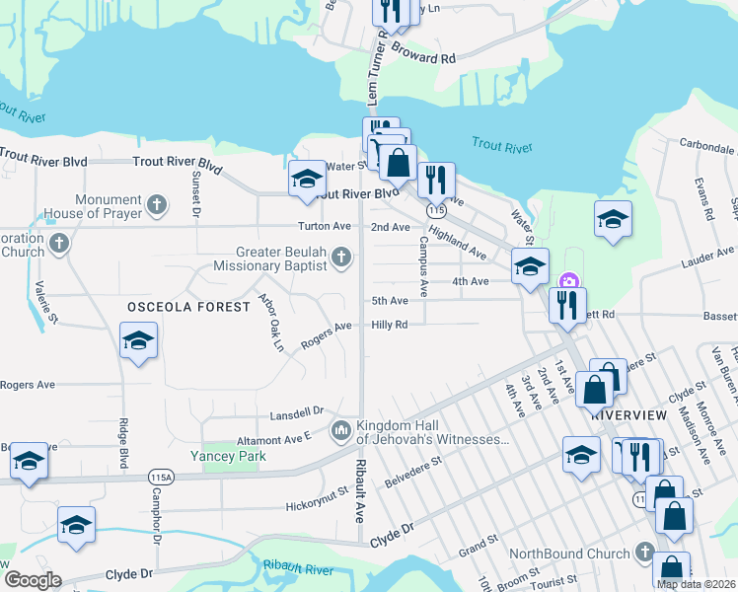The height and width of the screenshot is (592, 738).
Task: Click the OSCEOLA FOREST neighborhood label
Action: [188, 307]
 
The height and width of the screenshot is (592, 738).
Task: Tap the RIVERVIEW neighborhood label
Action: [625, 415]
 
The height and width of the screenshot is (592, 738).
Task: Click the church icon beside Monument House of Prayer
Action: [156, 206]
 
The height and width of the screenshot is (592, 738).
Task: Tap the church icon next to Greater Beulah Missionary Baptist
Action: [340, 259]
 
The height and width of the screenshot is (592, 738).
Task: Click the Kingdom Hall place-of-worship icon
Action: [340, 430]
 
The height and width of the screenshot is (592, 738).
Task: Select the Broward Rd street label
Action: [423, 52]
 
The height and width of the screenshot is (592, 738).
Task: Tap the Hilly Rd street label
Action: [390, 325]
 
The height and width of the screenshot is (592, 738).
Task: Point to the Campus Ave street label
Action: [422, 265]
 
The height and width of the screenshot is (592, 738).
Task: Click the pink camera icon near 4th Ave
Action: [567, 282]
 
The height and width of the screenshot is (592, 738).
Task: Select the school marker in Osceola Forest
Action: [139, 341]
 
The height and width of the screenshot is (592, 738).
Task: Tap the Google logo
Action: [33, 579]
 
